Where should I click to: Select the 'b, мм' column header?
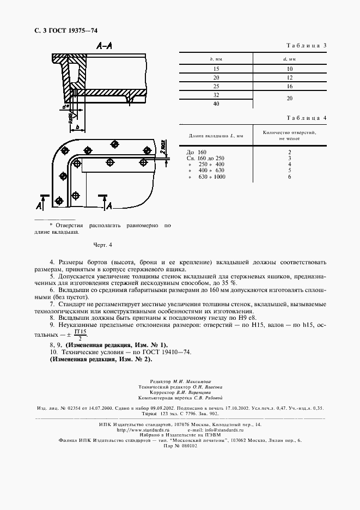click(216, 58)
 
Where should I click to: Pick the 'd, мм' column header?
click(289, 58)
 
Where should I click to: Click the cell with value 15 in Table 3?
click(216, 69)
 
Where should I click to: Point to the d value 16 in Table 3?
click(289, 87)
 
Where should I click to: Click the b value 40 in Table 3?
click(216, 104)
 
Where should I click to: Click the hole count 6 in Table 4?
click(289, 177)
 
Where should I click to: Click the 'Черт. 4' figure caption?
click(102, 245)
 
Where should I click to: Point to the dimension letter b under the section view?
click(78, 127)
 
